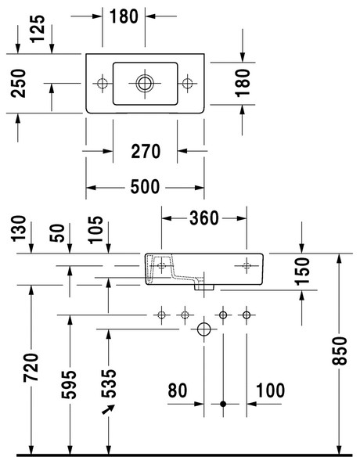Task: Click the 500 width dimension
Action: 145,187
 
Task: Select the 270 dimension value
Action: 146,151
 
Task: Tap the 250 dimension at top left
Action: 18,83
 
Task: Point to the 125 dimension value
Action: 38,29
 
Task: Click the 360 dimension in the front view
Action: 204,218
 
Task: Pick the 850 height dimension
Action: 340,351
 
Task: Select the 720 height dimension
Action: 31,367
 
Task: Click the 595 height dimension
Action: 69,384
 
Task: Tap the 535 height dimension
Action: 109,383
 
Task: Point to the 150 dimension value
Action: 302,271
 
